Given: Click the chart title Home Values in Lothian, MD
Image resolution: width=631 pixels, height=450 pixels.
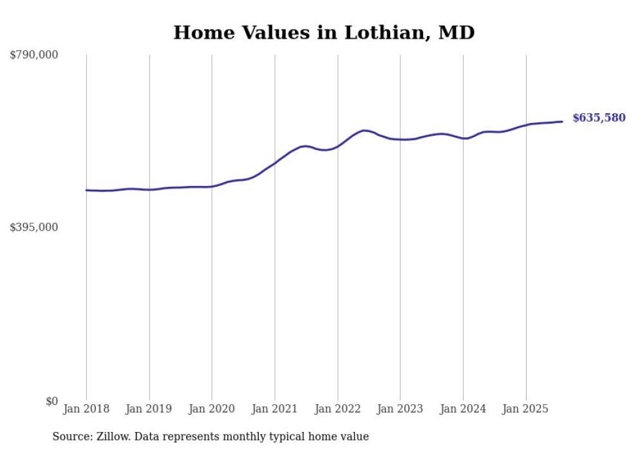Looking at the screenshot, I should (x=324, y=33).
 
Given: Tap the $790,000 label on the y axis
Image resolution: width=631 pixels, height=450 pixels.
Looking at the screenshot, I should (x=33, y=55).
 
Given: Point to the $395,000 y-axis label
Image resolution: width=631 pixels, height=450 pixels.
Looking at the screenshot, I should (x=33, y=227).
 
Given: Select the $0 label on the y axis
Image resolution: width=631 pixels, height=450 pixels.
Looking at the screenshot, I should (x=51, y=401).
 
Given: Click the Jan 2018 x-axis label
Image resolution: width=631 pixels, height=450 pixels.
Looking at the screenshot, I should (x=86, y=409).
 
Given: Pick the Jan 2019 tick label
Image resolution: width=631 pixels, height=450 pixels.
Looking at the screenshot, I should (x=149, y=409).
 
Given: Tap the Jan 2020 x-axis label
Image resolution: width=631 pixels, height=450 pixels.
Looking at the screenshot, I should (x=212, y=409).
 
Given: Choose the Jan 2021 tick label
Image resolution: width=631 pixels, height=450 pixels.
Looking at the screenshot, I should (x=275, y=409).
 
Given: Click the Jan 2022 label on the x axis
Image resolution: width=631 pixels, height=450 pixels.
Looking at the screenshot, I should (x=337, y=409).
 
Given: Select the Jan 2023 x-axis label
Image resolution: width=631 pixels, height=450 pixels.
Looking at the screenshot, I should (x=400, y=409).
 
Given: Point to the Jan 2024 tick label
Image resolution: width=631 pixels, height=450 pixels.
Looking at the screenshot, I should (x=463, y=409).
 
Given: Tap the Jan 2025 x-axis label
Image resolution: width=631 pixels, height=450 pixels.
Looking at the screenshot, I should (x=526, y=409).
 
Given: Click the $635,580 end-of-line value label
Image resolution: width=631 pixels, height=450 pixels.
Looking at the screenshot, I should (x=599, y=118).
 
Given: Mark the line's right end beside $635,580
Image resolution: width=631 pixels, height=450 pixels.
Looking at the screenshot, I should (x=563, y=122).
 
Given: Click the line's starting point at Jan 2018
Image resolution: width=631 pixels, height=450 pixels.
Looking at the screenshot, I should (x=86, y=190).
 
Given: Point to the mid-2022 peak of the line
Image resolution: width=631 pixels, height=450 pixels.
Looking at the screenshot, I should (x=364, y=131).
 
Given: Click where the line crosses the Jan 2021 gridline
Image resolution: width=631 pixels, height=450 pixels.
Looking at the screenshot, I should (x=275, y=164).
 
